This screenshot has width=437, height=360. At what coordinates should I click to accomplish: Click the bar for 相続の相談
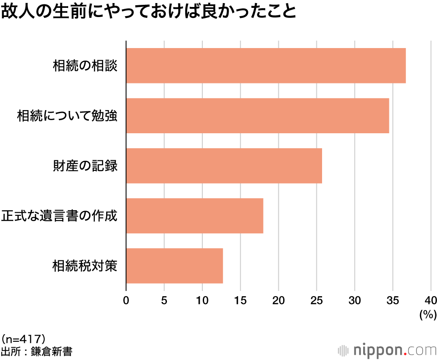tap(266, 66)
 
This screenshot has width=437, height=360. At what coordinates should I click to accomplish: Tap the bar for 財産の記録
tap(224, 166)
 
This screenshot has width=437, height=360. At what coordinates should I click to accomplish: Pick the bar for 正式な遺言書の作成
tap(194, 216)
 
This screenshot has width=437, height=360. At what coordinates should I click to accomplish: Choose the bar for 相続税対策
tap(174, 266)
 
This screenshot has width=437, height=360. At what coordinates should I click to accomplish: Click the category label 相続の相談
tap(85, 66)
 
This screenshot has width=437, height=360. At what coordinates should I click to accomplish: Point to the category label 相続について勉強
tap(67, 116)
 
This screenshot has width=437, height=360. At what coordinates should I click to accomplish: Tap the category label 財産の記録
tap(85, 166)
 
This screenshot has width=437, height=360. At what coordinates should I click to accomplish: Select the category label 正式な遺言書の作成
tap(59, 216)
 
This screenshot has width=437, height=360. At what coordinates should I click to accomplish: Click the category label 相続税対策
tap(85, 266)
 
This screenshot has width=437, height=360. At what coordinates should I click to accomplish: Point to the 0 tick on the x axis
tap(126, 300)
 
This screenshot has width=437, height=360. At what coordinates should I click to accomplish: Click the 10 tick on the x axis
tap(202, 300)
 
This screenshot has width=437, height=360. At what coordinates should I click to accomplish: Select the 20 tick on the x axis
tap(278, 300)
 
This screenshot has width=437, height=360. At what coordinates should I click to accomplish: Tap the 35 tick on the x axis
tap(393, 300)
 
